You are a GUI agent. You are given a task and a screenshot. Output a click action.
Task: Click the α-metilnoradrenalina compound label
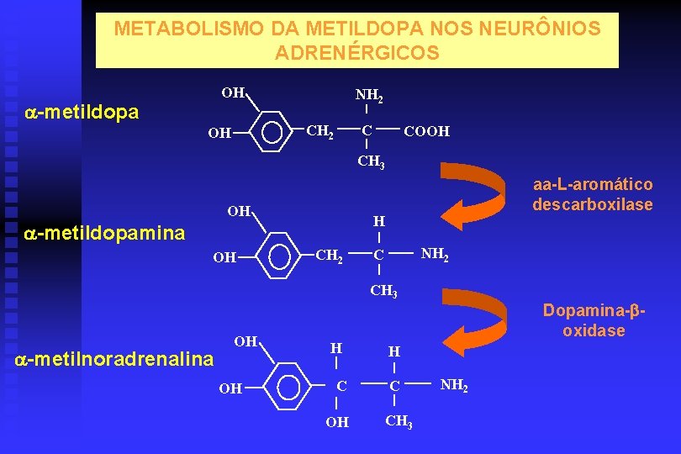115,360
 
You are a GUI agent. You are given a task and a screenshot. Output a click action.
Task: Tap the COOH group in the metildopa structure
426,132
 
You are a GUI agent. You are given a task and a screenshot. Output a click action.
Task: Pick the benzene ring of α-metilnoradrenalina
288,388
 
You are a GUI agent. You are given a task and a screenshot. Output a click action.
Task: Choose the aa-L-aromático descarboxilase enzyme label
592,194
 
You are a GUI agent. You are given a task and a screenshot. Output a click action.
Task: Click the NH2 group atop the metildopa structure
370,97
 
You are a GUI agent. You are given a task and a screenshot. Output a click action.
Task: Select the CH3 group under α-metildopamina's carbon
383,292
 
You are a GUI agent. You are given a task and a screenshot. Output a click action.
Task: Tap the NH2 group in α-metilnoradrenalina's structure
454,386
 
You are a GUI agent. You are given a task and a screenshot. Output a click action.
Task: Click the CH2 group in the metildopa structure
319,131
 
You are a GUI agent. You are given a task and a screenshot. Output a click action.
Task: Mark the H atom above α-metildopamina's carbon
379,222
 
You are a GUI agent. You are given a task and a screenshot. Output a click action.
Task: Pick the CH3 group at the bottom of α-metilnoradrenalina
397,421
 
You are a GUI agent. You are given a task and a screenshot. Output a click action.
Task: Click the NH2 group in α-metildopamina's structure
434,253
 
